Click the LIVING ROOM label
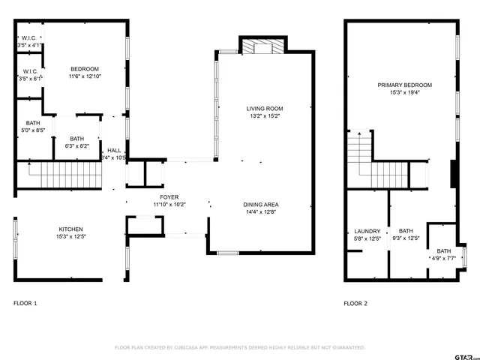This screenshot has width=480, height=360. [x=265, y=109]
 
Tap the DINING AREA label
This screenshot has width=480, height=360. [x=260, y=205]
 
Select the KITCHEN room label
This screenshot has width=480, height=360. [x=70, y=229]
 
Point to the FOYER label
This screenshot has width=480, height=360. [x=169, y=197]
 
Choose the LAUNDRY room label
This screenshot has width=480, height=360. [x=367, y=231]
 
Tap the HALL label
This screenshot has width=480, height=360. [x=114, y=150]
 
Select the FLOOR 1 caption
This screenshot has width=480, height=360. [x=25, y=303]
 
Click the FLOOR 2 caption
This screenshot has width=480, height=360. [x=355, y=303]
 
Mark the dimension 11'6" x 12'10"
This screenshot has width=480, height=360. [x=85, y=76]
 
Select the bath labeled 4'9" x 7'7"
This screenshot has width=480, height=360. [x=444, y=256]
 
